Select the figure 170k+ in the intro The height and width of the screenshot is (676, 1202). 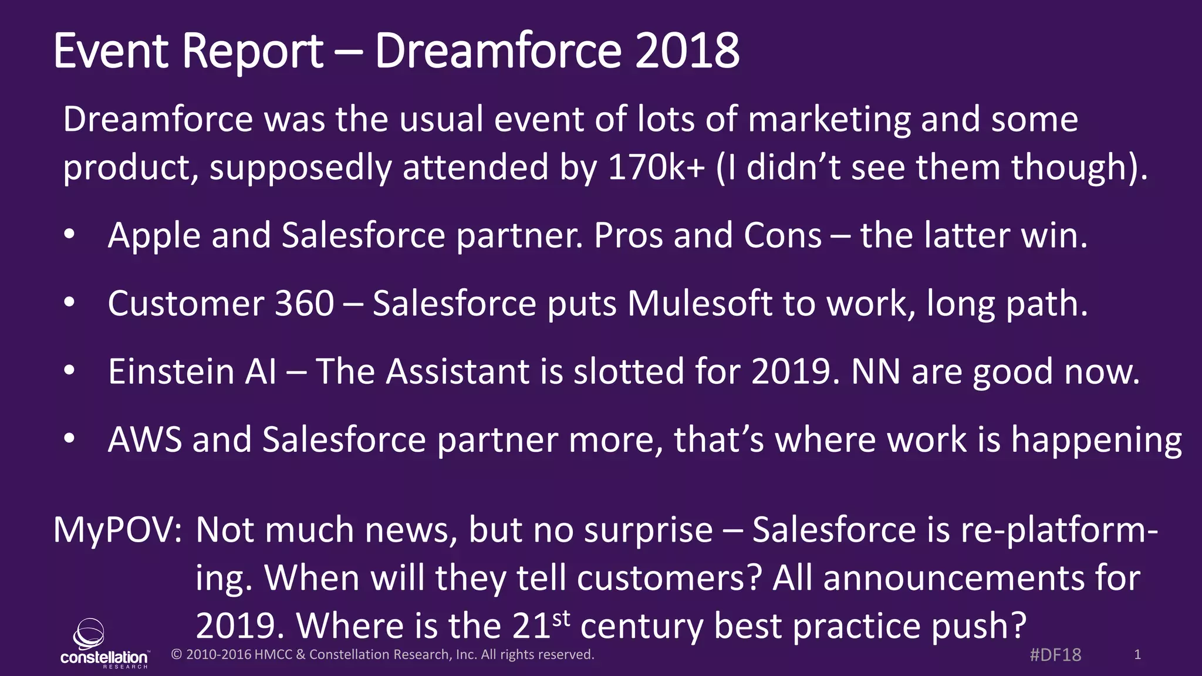click(x=656, y=167)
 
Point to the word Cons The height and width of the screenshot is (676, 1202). click(x=782, y=236)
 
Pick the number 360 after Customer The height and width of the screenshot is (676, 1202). click(x=305, y=304)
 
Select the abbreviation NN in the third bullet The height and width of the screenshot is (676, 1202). click(x=876, y=372)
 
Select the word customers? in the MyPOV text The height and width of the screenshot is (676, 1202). click(x=670, y=579)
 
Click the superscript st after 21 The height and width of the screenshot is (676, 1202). click(x=561, y=618)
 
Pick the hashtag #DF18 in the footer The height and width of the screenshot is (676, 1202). click(x=1055, y=655)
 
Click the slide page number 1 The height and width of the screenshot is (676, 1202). click(x=1137, y=655)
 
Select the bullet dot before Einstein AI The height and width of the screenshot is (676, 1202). click(x=69, y=371)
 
